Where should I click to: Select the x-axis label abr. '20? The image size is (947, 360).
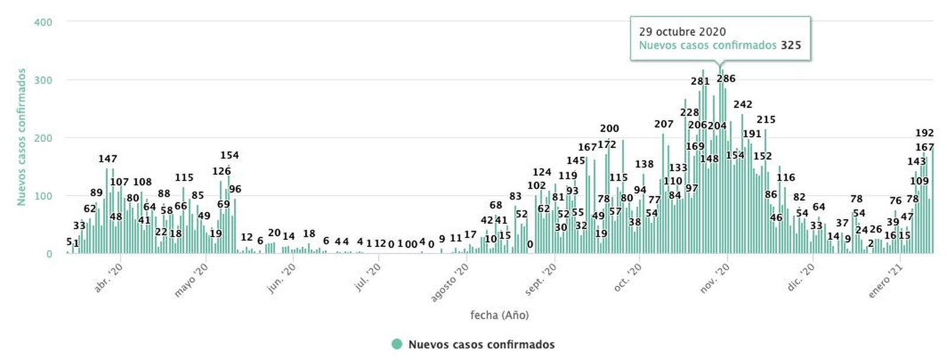[x=109, y=278]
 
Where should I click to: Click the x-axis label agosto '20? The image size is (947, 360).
[x=450, y=282]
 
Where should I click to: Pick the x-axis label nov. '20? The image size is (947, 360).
[x=716, y=278]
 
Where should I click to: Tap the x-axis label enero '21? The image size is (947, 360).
[x=886, y=281]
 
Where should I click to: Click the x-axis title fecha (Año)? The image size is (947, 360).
[x=500, y=315]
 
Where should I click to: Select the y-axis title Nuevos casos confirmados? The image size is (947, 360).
[x=21, y=137]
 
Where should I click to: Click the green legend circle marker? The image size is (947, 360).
[x=397, y=344]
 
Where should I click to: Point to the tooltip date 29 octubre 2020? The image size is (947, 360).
[x=682, y=32]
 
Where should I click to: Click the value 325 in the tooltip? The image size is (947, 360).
[x=791, y=46]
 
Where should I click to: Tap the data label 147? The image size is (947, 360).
[x=108, y=159]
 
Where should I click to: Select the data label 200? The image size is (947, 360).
[x=610, y=128]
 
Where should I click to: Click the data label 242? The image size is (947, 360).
[x=743, y=105]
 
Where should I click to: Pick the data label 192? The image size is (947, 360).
[x=925, y=133]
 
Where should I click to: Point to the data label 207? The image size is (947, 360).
[x=664, y=124]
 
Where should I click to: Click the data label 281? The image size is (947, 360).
[x=700, y=82]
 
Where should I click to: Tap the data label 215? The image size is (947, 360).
[x=766, y=120]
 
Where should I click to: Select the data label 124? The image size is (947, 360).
[x=542, y=172]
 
